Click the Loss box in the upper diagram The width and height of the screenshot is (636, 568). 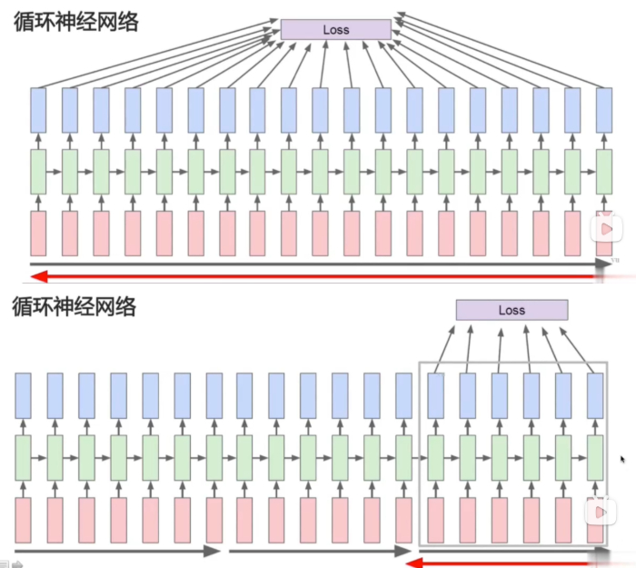click(x=335, y=30)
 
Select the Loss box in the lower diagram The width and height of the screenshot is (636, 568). click(x=512, y=310)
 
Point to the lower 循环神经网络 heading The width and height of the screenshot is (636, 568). click(x=75, y=306)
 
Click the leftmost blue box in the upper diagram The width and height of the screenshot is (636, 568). click(x=38, y=109)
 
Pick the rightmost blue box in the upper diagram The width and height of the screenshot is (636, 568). click(x=604, y=109)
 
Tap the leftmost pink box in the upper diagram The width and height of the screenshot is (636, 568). click(x=38, y=234)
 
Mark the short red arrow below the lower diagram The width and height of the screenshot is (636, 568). click(x=504, y=563)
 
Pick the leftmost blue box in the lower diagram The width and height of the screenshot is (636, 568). click(x=24, y=395)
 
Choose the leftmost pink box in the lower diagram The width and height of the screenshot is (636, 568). click(x=24, y=520)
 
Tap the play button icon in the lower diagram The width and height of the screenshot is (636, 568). click(x=601, y=513)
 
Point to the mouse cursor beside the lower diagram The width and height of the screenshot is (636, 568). click(x=623, y=459)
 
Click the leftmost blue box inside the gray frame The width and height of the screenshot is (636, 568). click(x=436, y=395)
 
